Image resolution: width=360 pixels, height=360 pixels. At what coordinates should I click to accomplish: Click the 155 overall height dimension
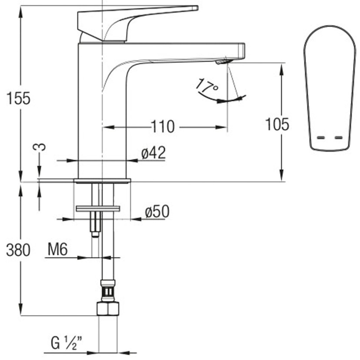pos(18,99)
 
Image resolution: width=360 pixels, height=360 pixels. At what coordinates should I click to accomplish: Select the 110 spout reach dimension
pos(163,127)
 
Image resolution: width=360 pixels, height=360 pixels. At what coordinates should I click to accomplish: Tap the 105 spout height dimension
pos(277,124)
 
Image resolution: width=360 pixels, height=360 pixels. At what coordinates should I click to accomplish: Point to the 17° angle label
pos(207,85)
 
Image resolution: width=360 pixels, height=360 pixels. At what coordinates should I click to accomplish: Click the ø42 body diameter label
pos(153,153)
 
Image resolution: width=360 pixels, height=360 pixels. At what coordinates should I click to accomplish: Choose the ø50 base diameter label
pos(157,212)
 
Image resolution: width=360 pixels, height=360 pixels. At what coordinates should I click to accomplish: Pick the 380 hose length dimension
pos(18,250)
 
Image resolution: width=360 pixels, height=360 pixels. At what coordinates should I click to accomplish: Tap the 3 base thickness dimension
pos(40,147)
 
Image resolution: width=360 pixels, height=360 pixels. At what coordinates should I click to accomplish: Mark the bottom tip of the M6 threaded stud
pos(94,235)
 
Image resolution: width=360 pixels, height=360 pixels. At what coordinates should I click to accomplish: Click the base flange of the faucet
pos(102,180)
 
